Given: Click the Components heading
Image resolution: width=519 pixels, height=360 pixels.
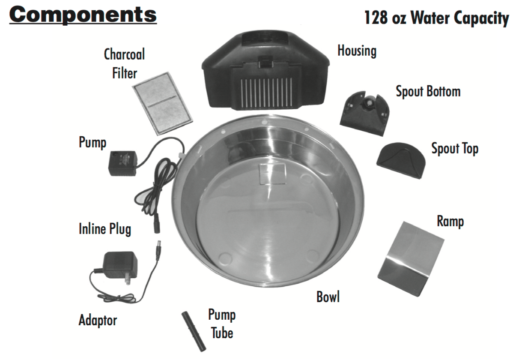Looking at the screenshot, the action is (83, 15).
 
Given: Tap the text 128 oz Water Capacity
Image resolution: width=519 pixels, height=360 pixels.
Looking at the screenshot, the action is (436, 18).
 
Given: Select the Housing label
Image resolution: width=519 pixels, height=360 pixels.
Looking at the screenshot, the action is (357, 51).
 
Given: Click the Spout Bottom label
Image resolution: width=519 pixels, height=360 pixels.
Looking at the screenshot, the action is (428, 92).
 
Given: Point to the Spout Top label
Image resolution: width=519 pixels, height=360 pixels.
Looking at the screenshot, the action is (455, 149).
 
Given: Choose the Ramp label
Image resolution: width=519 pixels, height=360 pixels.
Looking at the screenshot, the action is (450, 222).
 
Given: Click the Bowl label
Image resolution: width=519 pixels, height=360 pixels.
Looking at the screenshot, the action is (328, 297).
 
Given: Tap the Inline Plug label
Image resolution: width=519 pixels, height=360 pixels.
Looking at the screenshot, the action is (105, 229).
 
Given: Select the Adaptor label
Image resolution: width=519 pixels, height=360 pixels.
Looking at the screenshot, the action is (98, 320).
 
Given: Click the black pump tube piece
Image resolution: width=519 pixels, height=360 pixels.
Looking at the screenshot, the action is (194, 331).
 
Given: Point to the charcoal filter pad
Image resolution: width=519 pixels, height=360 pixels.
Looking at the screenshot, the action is (162, 104).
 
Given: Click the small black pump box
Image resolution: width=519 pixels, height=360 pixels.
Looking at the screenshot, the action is (123, 163).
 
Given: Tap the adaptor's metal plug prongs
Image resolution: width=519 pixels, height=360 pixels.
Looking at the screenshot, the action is (128, 278).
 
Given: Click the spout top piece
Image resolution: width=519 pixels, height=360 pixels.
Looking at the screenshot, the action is (401, 160).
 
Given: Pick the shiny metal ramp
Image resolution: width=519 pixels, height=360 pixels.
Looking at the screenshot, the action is (411, 259).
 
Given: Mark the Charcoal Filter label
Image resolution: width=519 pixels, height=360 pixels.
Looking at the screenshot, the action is (125, 63).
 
